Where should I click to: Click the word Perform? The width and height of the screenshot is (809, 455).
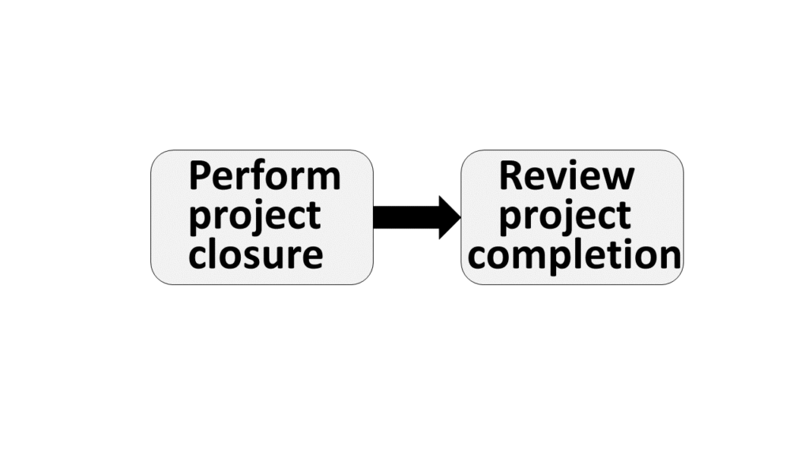click(265, 176)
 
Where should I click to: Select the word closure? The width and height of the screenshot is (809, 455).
click(255, 255)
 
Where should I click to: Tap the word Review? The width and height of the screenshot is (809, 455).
click(566, 176)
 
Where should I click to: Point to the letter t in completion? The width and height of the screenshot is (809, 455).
click(618, 255)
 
